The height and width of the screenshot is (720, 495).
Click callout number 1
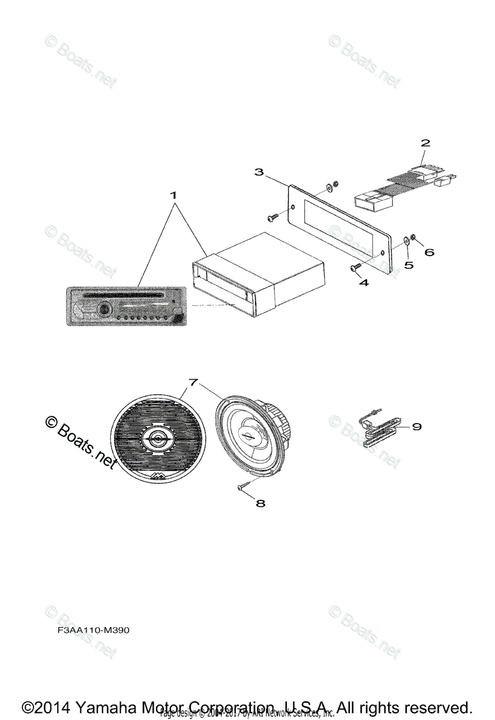pyautogui.click(x=173, y=196)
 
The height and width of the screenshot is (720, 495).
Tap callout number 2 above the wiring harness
pyautogui.click(x=425, y=143)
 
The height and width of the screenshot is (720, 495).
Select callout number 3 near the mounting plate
pyautogui.click(x=259, y=172)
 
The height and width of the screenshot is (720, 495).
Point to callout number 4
pyautogui.click(x=364, y=282)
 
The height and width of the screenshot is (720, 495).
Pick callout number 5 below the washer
pyautogui.click(x=409, y=265)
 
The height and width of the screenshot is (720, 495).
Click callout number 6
pyautogui.click(x=429, y=253)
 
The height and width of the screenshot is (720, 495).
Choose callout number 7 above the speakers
pyautogui.click(x=193, y=382)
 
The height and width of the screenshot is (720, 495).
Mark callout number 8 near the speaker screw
pyautogui.click(x=260, y=503)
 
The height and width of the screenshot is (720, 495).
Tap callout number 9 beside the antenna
pyautogui.click(x=416, y=427)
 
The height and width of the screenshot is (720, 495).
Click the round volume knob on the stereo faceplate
pyautogui.click(x=103, y=311)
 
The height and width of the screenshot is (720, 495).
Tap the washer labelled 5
pyautogui.click(x=407, y=241)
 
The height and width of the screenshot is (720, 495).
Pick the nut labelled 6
pyautogui.click(x=414, y=239)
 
